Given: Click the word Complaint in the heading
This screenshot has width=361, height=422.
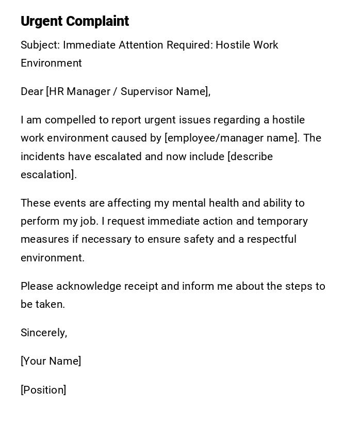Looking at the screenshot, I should click(x=97, y=21).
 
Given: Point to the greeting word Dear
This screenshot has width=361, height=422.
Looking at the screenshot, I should click(x=31, y=91).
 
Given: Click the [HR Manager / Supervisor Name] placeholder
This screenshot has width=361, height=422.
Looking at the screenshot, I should click(x=128, y=91).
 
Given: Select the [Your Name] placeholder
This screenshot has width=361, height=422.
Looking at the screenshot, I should click(x=51, y=361).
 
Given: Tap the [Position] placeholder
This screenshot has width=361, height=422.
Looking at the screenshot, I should click(x=43, y=390).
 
